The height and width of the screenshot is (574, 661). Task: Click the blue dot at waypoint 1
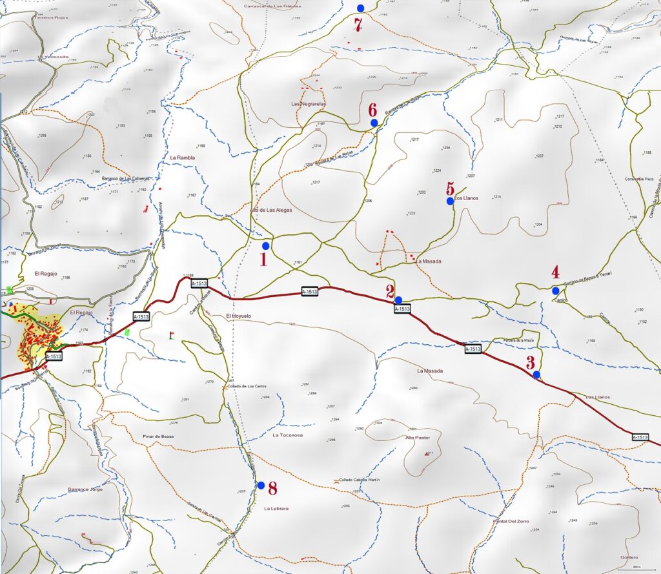(265, 246)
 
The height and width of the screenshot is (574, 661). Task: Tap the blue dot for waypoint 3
(536, 374)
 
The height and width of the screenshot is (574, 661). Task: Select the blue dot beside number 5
(450, 201)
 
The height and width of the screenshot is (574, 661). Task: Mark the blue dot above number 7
(360, 8)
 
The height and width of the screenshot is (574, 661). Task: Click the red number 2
(391, 291)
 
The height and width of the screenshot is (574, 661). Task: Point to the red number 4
(554, 272)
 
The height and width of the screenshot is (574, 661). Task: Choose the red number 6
(372, 108)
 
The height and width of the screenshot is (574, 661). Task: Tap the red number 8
(272, 487)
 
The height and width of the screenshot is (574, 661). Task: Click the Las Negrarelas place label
(309, 103)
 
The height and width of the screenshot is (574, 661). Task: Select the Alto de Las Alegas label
(271, 210)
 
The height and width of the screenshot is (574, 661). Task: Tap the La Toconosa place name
(287, 435)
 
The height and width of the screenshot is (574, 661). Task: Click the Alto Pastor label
(418, 438)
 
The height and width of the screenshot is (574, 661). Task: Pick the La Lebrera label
(276, 509)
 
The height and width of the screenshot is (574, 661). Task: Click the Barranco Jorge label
(85, 489)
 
